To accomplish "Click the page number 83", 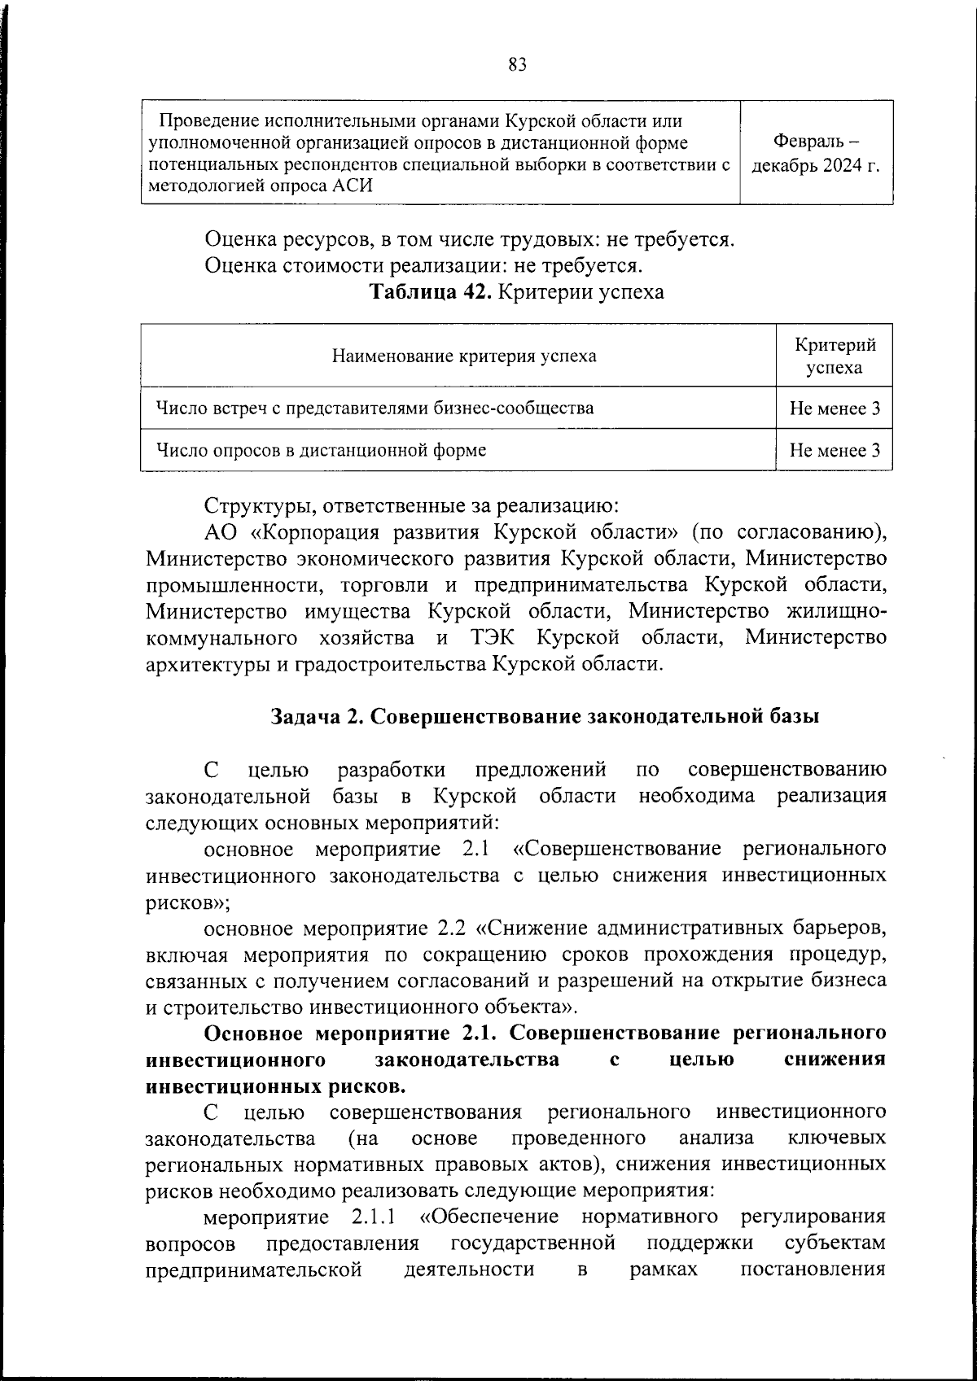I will pos(517,64).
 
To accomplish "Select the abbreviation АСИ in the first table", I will pos(353,186).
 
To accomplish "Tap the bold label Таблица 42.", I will pos(430,292).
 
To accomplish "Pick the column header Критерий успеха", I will pos(835,356).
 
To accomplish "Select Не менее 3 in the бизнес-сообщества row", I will pos(835,409).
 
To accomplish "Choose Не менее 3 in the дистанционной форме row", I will pos(835,450).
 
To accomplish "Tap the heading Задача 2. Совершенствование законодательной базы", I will pos(545,717).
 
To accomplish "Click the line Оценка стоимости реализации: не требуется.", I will pos(424,266).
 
